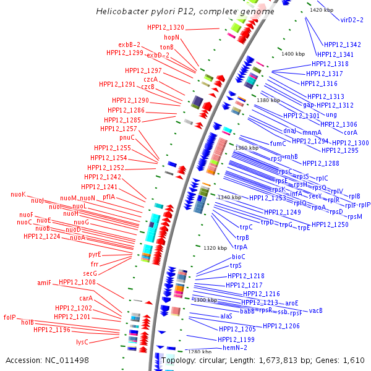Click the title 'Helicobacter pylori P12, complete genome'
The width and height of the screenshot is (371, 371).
coord(185,12)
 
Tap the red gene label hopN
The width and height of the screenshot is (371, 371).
coord(171,37)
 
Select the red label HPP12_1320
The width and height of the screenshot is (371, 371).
coord(166,27)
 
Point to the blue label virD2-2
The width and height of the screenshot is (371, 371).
coord(352,20)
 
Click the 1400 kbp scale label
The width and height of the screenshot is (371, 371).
coord(293,54)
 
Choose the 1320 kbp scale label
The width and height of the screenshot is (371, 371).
coord(215,248)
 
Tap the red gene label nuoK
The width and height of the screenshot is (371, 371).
coord(19,194)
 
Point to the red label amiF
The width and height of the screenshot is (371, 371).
coord(44,283)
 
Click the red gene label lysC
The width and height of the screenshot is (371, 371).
coord(82,341)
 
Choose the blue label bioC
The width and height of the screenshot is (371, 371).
coord(239,257)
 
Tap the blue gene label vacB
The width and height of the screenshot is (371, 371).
coord(316,310)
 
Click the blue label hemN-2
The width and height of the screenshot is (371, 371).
coord(235,348)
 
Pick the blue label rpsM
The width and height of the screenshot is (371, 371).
coord(355,216)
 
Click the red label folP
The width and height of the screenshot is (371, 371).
coord(9,317)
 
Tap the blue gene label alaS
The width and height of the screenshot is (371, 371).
coord(226,316)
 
